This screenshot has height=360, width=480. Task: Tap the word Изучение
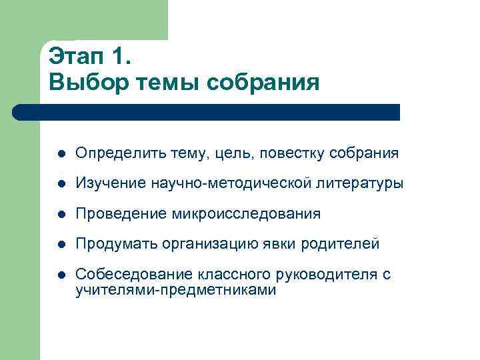(106, 184)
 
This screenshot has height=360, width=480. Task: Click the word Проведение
(115, 214)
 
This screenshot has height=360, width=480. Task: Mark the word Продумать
(111, 244)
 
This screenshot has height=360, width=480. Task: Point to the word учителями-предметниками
(175, 290)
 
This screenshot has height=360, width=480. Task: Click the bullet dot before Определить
(61, 154)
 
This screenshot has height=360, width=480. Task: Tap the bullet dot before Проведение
(61, 214)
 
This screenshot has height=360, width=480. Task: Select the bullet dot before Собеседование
(61, 275)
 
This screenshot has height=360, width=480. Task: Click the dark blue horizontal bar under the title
(207, 112)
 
